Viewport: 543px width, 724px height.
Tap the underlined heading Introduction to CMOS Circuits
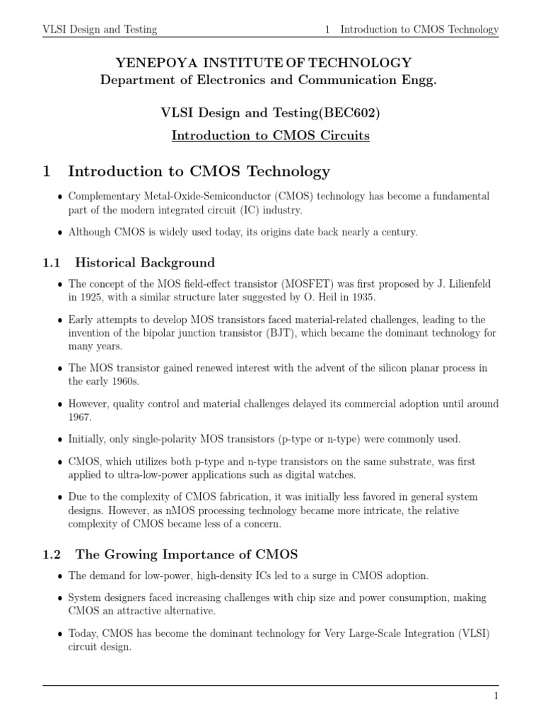pyautogui.click(x=271, y=135)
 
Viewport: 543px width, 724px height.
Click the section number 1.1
pyautogui.click(x=52, y=263)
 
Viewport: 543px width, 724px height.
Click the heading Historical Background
pyautogui.click(x=145, y=263)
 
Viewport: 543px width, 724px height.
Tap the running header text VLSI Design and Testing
pyautogui.click(x=100, y=30)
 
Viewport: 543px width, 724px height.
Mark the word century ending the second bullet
pyautogui.click(x=398, y=232)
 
